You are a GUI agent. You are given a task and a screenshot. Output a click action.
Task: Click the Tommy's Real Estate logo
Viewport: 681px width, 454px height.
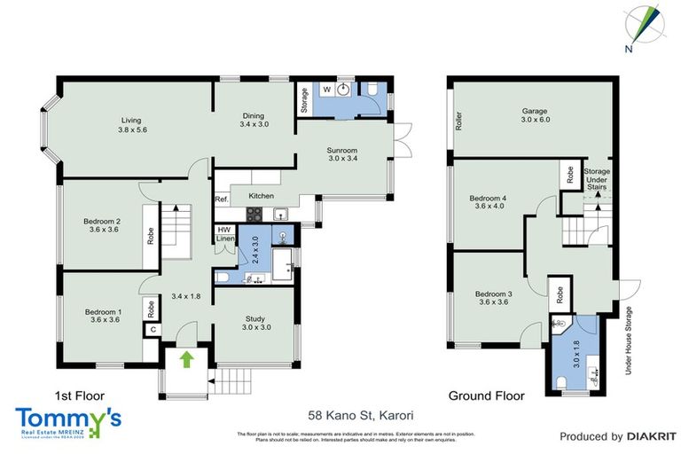(x=68, y=422)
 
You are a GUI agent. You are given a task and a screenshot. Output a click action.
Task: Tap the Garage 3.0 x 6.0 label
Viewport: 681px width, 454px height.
(x=535, y=116)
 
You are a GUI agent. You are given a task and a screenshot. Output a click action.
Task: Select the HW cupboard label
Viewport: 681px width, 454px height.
(x=224, y=231)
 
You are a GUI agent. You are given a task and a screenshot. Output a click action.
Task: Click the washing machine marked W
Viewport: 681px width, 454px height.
(x=326, y=89)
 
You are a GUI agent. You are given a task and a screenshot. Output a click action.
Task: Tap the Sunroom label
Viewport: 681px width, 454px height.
(x=342, y=153)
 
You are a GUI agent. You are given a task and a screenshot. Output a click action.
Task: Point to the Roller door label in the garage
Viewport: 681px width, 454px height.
(x=458, y=121)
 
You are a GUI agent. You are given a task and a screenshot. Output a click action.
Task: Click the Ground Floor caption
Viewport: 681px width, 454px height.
(x=486, y=395)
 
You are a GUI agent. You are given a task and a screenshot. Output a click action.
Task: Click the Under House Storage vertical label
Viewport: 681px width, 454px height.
(x=628, y=340)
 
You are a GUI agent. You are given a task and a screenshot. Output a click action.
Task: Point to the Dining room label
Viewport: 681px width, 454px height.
(x=254, y=120)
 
